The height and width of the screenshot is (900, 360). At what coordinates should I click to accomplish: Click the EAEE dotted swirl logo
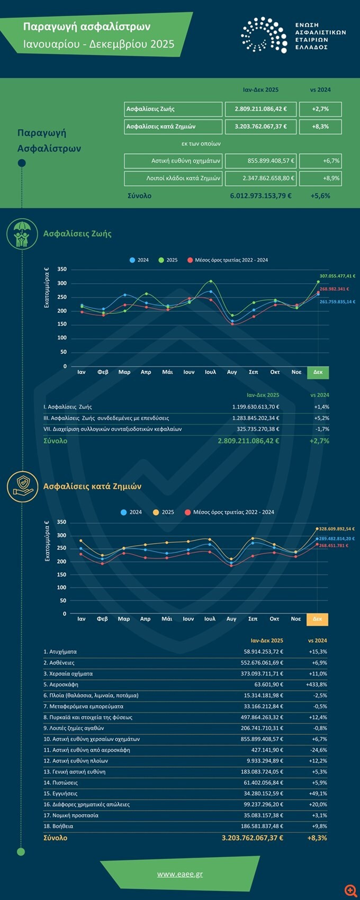264,35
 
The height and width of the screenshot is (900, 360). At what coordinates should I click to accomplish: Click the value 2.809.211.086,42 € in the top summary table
261,109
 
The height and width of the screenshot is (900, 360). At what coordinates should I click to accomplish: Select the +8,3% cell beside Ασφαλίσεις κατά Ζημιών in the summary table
320,127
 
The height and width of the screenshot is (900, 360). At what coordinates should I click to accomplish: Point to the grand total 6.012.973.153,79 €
260,196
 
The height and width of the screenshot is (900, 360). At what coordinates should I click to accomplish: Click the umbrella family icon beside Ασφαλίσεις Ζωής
22,233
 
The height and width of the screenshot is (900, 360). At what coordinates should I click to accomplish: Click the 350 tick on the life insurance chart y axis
62,269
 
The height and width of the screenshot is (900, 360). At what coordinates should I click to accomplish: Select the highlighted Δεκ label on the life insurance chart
318,372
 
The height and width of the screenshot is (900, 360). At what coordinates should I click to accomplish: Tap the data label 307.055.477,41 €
337,276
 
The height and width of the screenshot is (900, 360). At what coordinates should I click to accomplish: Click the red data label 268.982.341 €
334,289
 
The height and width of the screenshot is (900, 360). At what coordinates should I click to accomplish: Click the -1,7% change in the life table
321,429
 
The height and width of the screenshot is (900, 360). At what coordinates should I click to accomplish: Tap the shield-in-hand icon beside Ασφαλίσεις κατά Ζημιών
22,486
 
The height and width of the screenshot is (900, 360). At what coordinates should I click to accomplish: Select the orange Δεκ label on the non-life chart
317,619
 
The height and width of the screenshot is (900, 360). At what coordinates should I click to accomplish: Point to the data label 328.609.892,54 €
337,529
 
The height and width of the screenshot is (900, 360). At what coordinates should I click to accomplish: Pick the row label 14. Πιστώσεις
60,782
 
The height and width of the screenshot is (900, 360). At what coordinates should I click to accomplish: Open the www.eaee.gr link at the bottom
179,874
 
